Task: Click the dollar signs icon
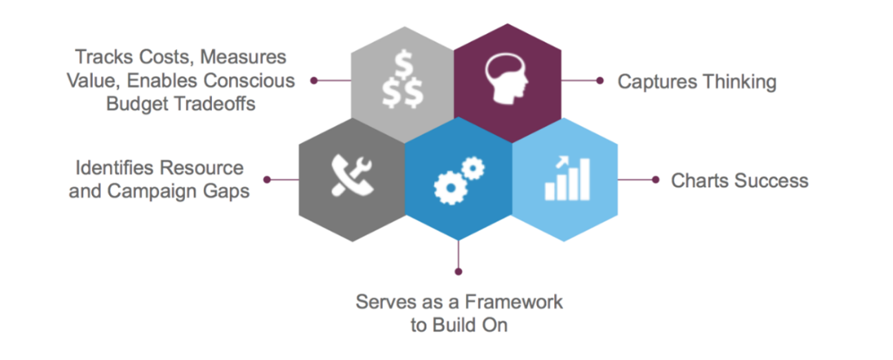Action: (x=402, y=82)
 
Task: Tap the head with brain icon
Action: (x=507, y=80)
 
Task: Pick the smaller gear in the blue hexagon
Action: (x=473, y=168)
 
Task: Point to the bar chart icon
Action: (x=567, y=179)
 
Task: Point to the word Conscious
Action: (x=249, y=81)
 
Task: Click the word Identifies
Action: (x=117, y=168)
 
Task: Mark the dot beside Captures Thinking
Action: (x=600, y=81)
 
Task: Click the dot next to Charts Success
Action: (x=656, y=179)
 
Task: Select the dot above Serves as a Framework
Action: (x=459, y=272)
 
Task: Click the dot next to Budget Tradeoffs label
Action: (x=313, y=81)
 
